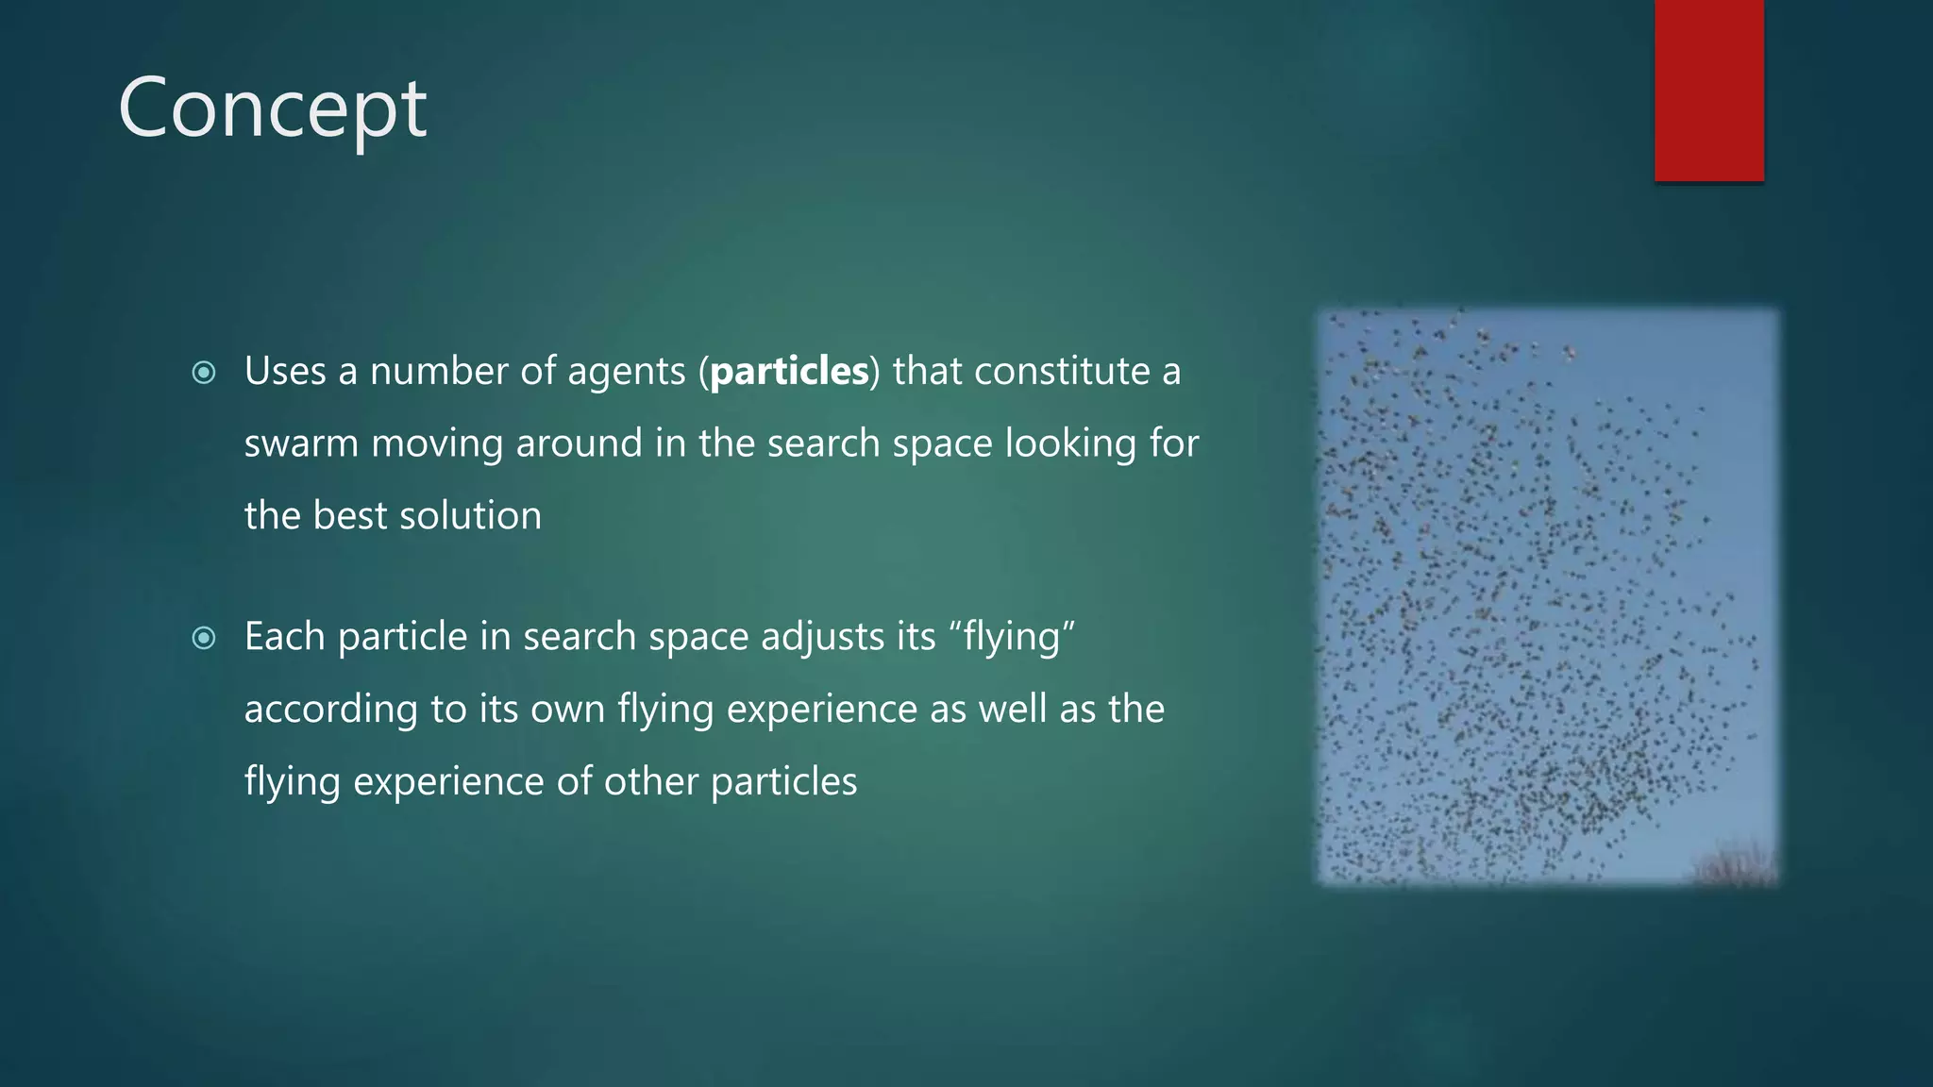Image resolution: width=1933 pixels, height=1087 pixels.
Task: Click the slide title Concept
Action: (273, 109)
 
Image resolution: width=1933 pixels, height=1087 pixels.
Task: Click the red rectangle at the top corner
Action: (1708, 91)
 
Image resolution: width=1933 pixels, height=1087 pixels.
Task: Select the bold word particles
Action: (789, 371)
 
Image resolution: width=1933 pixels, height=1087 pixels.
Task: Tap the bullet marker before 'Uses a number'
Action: (203, 373)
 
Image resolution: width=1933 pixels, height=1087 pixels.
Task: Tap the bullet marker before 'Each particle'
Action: (203, 639)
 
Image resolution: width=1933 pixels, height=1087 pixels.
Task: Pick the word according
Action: (331, 710)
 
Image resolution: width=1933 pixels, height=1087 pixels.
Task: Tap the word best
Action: (349, 516)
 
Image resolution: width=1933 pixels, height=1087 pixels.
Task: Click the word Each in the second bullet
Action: (284, 637)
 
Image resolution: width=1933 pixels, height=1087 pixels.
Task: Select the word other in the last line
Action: (650, 781)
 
